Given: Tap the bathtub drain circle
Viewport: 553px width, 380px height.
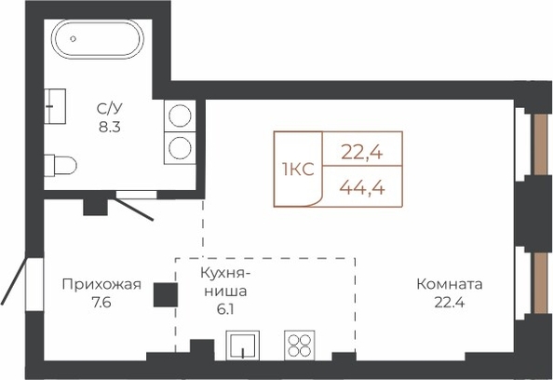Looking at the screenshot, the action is (x=74, y=39).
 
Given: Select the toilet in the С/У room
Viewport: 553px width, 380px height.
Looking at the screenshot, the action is (x=61, y=165).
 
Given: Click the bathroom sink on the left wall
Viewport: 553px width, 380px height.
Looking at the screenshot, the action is (x=55, y=106).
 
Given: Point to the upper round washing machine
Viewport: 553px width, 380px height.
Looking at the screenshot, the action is (x=180, y=115).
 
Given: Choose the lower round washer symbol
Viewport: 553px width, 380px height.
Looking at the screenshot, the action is (x=180, y=148).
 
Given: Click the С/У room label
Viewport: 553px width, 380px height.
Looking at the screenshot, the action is (x=109, y=109).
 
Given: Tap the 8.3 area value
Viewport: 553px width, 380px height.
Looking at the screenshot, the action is (x=109, y=127).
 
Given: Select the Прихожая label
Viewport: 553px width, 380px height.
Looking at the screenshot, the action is (x=101, y=284).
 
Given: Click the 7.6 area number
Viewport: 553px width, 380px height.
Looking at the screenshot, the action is (x=101, y=303).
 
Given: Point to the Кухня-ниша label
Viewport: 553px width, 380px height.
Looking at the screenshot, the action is (x=225, y=282).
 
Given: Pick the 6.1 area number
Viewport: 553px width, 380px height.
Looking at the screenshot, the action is (x=225, y=309).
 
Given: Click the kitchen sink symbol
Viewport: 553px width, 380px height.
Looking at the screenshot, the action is (x=243, y=346).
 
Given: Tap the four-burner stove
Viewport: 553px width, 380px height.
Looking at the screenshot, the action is (x=300, y=346).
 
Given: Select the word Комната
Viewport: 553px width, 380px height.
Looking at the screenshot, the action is (x=450, y=284).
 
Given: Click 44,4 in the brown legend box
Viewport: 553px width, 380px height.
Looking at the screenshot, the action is (x=362, y=187).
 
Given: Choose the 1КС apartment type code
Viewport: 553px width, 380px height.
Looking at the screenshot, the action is (x=298, y=170).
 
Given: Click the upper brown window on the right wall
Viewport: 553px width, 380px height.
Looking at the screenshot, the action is (x=540, y=144).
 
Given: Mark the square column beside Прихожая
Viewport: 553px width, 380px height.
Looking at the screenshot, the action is (x=166, y=295).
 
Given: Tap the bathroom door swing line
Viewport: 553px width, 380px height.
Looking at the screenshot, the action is (x=132, y=210).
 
